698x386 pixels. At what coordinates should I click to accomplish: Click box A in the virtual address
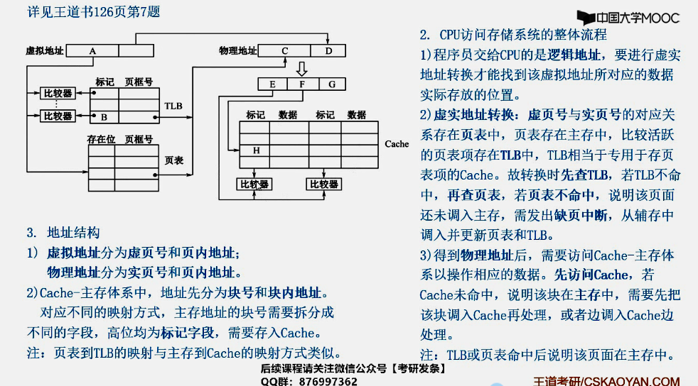[x=93, y=51]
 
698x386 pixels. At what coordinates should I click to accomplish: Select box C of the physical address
[x=284, y=51]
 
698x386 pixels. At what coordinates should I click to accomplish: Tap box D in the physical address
[x=328, y=51]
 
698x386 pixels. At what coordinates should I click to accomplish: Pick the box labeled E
[x=272, y=84]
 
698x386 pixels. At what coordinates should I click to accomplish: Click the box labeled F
[x=301, y=84]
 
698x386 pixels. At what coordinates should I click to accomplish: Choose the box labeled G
[x=331, y=84]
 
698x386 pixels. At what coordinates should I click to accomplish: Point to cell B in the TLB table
[x=104, y=117]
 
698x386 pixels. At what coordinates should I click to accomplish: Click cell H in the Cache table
[x=255, y=150]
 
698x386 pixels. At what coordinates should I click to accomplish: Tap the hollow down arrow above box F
[x=301, y=68]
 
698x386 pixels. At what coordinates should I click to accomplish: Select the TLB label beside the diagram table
[x=173, y=106]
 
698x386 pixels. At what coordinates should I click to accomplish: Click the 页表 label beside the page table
[x=173, y=161]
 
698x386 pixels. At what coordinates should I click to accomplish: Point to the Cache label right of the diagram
[x=397, y=144]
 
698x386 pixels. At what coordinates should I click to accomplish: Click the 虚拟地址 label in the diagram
[x=44, y=51]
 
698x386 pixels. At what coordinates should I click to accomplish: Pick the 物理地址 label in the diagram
[x=238, y=51]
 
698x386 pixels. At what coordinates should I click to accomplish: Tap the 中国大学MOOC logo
[x=628, y=18]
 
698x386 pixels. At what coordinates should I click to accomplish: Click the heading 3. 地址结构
[x=63, y=232]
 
